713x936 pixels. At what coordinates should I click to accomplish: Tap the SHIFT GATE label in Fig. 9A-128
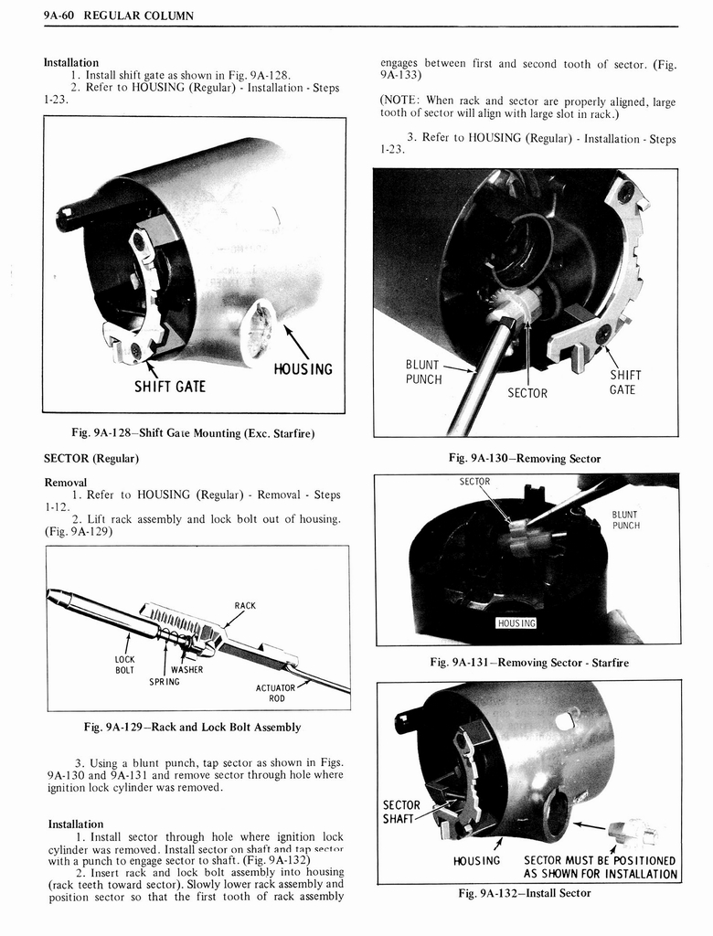click(170, 386)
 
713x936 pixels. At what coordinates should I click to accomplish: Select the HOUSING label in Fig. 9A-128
click(303, 369)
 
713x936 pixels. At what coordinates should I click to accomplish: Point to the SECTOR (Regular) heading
click(91, 457)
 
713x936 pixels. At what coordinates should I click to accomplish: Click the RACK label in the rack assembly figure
click(245, 605)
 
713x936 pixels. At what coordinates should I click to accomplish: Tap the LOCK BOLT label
click(124, 665)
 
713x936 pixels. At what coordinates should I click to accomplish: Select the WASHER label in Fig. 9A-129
click(186, 669)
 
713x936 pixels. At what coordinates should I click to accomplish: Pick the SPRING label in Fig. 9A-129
click(165, 682)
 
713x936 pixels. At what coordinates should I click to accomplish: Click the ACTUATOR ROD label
click(276, 693)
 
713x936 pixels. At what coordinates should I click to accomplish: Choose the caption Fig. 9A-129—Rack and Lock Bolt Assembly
click(192, 728)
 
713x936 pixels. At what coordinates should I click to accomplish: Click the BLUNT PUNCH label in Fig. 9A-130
click(423, 372)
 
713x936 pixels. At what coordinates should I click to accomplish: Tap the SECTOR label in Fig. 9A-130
click(527, 393)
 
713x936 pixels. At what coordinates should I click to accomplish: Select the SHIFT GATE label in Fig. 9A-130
click(625, 382)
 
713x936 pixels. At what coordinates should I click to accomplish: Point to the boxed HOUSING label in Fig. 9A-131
click(516, 623)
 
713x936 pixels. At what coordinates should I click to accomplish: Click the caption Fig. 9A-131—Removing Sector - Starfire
click(529, 662)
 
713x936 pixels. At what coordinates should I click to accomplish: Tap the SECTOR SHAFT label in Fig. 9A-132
click(401, 812)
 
